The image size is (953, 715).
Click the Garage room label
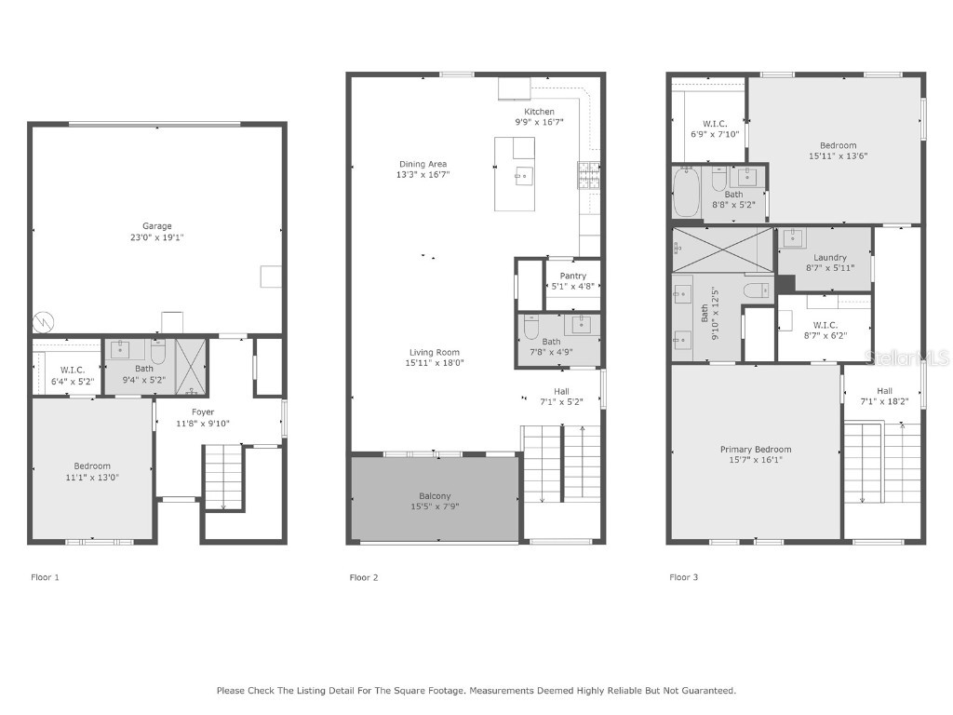(156, 226)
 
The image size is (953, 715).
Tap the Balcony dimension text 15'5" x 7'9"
(436, 506)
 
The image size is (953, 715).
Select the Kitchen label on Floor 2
(539, 112)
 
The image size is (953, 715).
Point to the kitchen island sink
(523, 174)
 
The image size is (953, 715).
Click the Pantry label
(572, 276)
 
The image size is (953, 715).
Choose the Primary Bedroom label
(755, 450)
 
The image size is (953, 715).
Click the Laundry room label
(829, 258)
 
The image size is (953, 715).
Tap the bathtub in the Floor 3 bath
(685, 193)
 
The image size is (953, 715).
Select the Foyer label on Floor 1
(203, 411)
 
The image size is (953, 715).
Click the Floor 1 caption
(45, 577)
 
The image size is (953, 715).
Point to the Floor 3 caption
(684, 577)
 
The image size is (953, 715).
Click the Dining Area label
(423, 164)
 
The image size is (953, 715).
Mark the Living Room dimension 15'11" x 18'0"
(436, 363)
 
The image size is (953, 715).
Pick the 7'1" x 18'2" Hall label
(883, 402)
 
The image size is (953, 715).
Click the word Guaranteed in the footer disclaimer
(707, 691)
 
